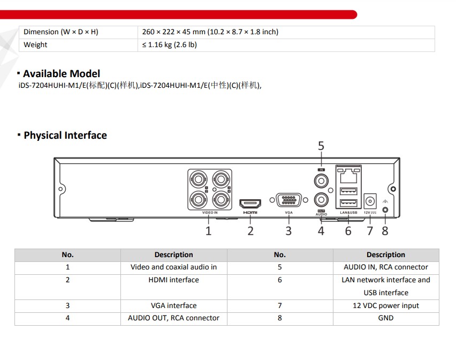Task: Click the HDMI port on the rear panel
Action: (250, 204)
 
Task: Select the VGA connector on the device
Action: (288, 200)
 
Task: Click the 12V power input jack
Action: (370, 201)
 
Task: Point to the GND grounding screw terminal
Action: (385, 210)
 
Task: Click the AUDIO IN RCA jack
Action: (321, 181)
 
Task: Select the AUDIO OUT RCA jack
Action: (321, 200)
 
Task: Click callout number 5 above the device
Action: (321, 146)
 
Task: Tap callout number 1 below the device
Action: (208, 231)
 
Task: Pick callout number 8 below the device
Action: (385, 231)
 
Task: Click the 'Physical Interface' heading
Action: (65, 136)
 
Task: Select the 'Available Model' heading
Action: (62, 73)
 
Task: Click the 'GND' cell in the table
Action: (386, 318)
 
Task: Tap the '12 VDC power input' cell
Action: (386, 305)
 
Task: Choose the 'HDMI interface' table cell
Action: (173, 280)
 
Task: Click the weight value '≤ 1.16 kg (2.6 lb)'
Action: (170, 45)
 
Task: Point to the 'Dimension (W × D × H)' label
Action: (61, 32)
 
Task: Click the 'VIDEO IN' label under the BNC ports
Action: (210, 213)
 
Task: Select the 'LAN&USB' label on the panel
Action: (348, 213)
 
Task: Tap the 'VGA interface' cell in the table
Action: (173, 305)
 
